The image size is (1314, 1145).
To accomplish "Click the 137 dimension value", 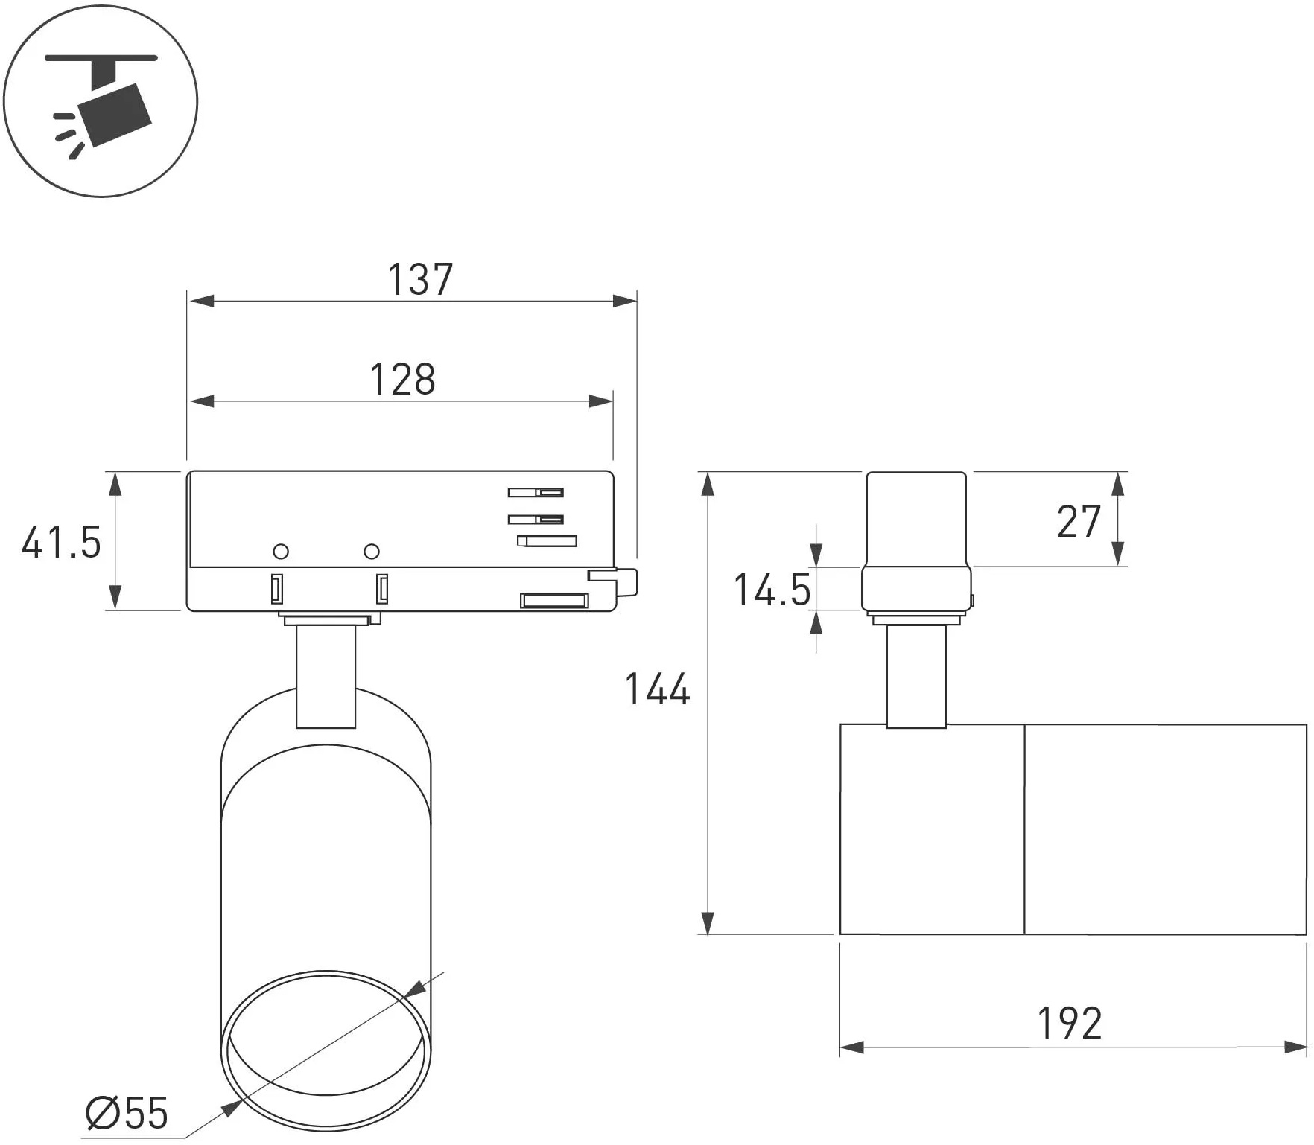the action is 420,279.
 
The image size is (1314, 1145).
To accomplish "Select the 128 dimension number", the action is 403,379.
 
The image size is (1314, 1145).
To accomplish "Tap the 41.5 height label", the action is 61,542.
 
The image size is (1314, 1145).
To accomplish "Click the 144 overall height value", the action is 657,689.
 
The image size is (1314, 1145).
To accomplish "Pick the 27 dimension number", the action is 1079,521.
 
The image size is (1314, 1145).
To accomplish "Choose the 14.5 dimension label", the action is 772,590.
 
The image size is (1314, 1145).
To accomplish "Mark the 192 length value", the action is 1070,1023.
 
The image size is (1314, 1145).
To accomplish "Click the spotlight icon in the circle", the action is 101,101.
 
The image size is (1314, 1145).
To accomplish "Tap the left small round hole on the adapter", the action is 281,552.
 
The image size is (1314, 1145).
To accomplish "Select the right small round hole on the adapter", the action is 372,552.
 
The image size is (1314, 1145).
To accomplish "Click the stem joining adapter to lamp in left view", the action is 326,676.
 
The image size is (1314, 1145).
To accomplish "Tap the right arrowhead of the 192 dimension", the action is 1295,1047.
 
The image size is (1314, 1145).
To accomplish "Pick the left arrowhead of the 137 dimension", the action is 201,301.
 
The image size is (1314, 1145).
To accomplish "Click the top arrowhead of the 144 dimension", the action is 707,484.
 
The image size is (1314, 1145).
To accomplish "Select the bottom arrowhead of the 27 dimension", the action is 1117,553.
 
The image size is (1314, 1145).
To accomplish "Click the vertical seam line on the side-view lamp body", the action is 1024,829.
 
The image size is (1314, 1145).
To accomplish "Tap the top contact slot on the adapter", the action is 536,492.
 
